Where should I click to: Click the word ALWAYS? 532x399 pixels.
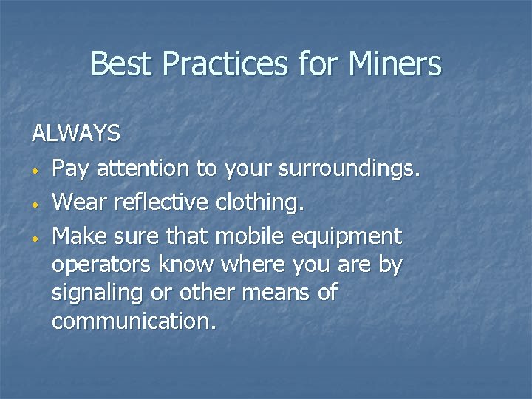click(x=75, y=134)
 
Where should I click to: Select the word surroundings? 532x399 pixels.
click(x=348, y=169)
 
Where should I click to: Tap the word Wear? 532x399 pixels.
click(x=79, y=202)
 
